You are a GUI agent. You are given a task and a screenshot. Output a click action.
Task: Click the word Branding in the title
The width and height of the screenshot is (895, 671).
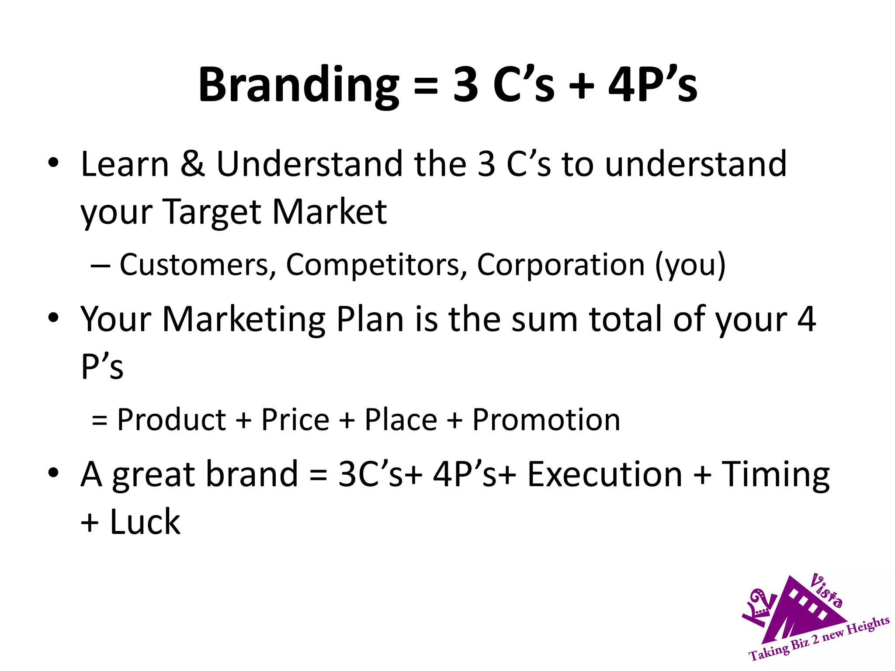click(x=298, y=85)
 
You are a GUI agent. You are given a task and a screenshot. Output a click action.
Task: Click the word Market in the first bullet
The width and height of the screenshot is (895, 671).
click(x=330, y=212)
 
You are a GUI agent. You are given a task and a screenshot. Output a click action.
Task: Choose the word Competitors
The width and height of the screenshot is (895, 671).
click(x=376, y=265)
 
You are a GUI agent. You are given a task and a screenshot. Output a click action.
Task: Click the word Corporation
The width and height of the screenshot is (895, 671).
click(x=561, y=265)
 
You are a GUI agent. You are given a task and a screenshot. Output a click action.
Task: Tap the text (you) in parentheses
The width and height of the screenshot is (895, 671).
click(x=690, y=266)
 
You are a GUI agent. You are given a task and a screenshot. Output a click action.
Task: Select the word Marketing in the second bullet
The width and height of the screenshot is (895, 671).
click(x=244, y=319)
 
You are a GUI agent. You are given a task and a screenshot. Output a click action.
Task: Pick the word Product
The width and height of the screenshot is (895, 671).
click(x=171, y=420)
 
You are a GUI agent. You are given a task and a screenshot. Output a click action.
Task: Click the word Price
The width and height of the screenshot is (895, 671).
click(x=295, y=420)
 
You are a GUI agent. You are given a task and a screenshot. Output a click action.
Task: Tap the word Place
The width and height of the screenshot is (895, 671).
click(x=401, y=420)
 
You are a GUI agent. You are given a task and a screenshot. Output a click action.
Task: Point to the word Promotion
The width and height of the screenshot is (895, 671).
click(x=546, y=420)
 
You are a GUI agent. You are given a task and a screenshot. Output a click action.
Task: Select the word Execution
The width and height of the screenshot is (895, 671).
click(x=605, y=475)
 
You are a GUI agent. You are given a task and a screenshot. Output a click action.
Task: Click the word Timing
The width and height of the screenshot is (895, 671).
click(x=775, y=475)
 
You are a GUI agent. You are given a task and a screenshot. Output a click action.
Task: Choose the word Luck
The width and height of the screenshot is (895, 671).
click(x=145, y=522)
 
